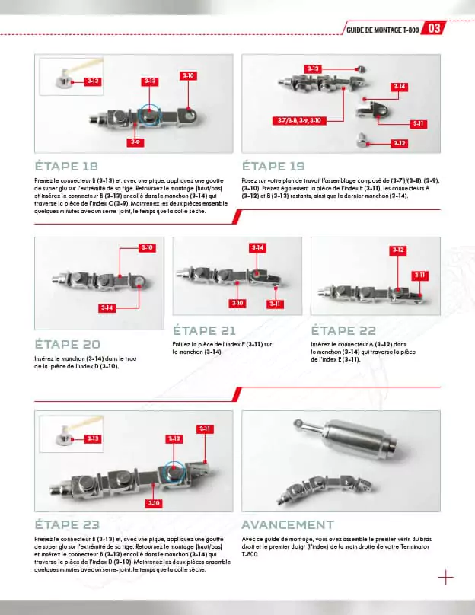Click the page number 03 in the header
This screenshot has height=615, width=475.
coord(435,29)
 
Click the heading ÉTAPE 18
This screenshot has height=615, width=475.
coord(68,165)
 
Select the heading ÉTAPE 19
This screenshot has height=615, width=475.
coord(273,165)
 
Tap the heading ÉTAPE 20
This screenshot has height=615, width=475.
coord(68,344)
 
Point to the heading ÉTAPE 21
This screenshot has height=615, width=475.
coord(205,331)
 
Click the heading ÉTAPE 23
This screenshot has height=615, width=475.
coord(68,524)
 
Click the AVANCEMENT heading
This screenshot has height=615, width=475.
coord(287,524)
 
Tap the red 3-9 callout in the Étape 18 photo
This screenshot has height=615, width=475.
coord(134,142)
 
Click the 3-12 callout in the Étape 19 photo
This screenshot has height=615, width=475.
coord(399,143)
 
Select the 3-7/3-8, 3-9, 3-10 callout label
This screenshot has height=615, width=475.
coord(298,120)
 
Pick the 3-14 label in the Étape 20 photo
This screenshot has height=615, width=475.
coord(107,307)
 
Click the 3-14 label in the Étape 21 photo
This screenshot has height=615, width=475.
coord(257,248)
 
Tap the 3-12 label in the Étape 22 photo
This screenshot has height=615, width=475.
coord(397,250)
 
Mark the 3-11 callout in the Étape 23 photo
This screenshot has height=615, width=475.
coord(205,429)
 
